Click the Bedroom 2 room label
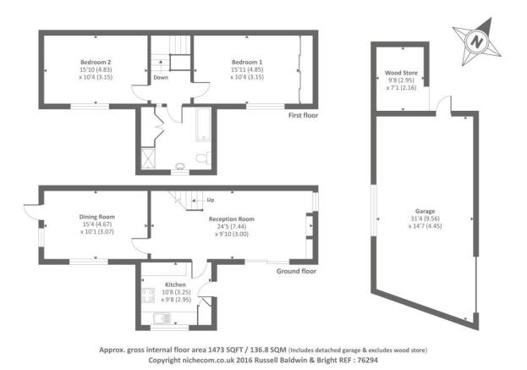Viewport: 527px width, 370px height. [x=96, y=62]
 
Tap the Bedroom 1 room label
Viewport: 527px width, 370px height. [x=247, y=62]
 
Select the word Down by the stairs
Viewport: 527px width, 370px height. [x=161, y=77]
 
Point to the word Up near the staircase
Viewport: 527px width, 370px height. [x=211, y=200]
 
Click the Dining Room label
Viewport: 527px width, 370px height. [x=97, y=217]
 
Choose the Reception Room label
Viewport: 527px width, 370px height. [x=232, y=219]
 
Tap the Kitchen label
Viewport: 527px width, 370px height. [x=175, y=284]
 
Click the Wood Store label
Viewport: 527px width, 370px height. [x=401, y=73]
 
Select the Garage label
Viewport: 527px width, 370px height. [x=425, y=211]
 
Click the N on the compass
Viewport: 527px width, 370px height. [x=476, y=41]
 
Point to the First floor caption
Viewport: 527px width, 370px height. [x=303, y=115]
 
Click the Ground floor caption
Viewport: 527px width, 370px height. [x=296, y=271]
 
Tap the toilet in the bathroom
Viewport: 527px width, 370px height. [x=203, y=158]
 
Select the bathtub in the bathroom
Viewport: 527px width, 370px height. [x=203, y=124]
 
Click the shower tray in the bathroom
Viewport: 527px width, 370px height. [x=148, y=157]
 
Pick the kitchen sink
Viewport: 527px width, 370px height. [x=162, y=318]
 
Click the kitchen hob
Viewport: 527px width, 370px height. [x=148, y=295]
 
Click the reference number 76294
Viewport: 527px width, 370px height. [x=368, y=360]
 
